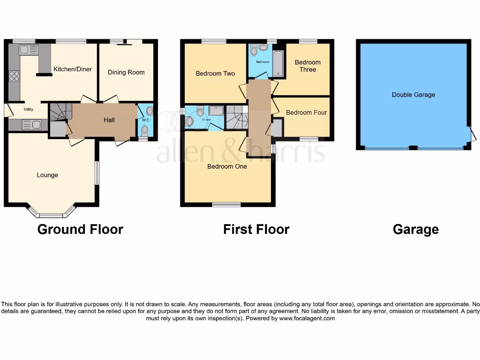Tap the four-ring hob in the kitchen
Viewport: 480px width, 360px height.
click(x=14, y=76)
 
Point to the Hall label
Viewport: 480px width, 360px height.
click(x=109, y=120)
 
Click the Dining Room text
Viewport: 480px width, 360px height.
click(x=126, y=72)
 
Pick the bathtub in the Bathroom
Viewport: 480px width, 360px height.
click(x=277, y=64)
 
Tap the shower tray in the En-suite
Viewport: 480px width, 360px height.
click(x=216, y=111)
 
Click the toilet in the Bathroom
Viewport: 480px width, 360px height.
click(x=254, y=50)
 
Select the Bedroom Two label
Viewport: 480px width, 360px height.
click(x=215, y=74)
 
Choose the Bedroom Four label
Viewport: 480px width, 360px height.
click(x=306, y=112)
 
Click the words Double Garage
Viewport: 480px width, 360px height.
click(x=413, y=95)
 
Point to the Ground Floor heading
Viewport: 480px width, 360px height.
click(x=80, y=229)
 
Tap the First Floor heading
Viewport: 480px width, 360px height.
click(x=256, y=229)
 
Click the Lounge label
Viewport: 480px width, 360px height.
click(x=47, y=175)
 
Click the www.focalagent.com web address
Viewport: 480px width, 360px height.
click(x=307, y=318)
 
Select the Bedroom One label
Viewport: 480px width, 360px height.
click(x=227, y=166)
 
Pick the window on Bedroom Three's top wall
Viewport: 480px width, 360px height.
click(x=308, y=41)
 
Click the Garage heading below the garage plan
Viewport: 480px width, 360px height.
click(x=416, y=229)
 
